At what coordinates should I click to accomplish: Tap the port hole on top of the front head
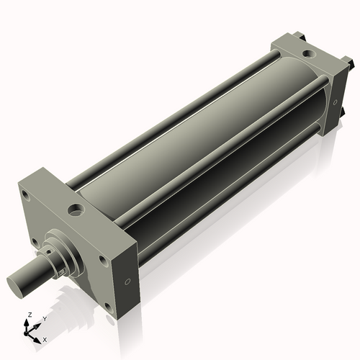[76, 210]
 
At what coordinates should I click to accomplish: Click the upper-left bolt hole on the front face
[26, 194]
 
